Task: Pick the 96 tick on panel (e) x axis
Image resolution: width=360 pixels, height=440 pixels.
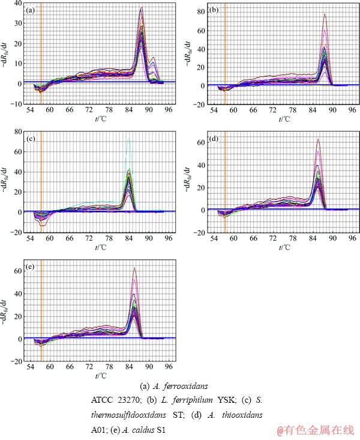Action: pyautogui.click(x=169, y=366)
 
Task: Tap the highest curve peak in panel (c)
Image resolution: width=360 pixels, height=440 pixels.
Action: pyautogui.click(x=128, y=137)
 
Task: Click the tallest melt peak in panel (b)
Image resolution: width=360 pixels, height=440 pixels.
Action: pyautogui.click(x=325, y=14)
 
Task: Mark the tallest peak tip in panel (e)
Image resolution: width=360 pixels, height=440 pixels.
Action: pyautogui.click(x=134, y=268)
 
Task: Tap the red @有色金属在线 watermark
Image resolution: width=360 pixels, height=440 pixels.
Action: pyautogui.click(x=316, y=430)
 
